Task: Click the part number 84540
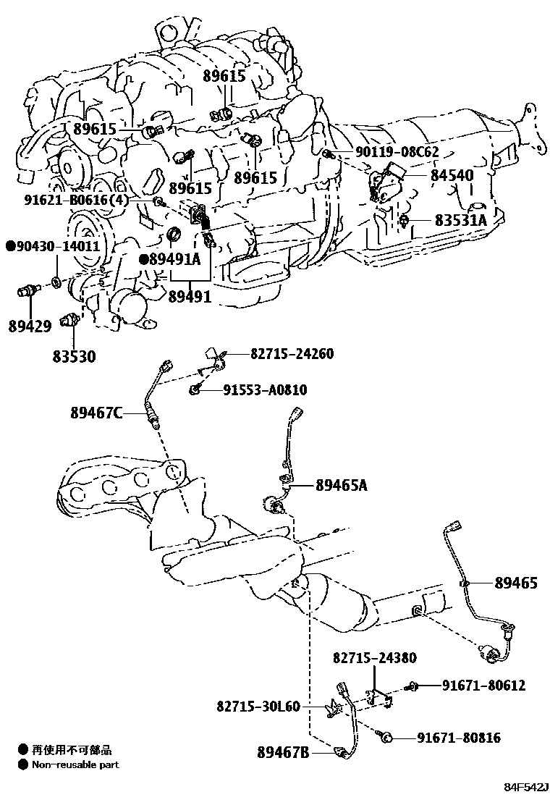point(452,176)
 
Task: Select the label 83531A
point(460,220)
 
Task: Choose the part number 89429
point(30,326)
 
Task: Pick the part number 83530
point(74,357)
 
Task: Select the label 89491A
point(174,259)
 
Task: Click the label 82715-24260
point(292,354)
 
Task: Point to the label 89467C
point(96,413)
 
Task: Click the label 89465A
point(341,486)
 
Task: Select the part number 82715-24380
point(374,658)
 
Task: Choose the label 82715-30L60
point(257,706)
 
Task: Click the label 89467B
point(283,753)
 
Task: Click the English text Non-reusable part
point(75,764)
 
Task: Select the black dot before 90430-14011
point(11,246)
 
